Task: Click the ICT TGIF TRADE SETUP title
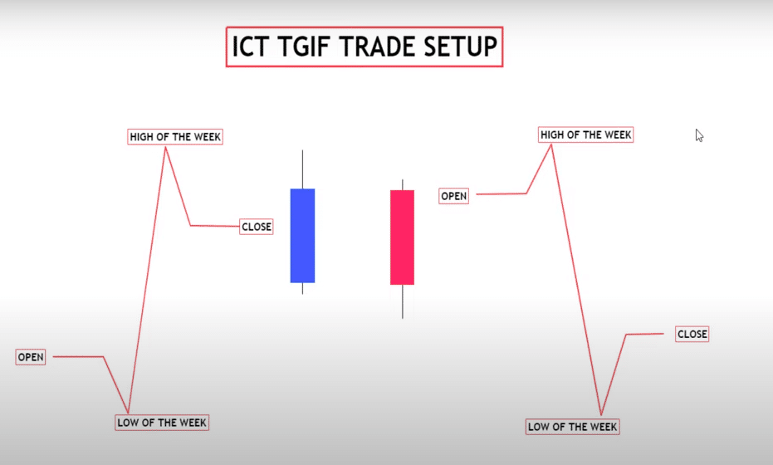point(364,48)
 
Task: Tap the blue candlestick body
point(302,236)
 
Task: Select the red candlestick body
point(402,237)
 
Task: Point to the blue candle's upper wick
point(302,169)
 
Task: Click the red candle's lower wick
point(402,301)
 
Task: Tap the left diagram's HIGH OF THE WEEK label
point(175,136)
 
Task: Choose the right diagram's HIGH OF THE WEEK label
point(585,135)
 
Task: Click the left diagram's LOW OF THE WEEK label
point(162,422)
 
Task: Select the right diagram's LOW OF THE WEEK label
point(573,427)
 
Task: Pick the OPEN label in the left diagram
point(31,357)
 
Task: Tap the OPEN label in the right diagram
point(454,196)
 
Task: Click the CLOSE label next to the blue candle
point(256,226)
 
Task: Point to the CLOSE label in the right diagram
point(692,334)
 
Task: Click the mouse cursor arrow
point(699,135)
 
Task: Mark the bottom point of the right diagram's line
point(600,414)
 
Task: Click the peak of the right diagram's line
point(551,144)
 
